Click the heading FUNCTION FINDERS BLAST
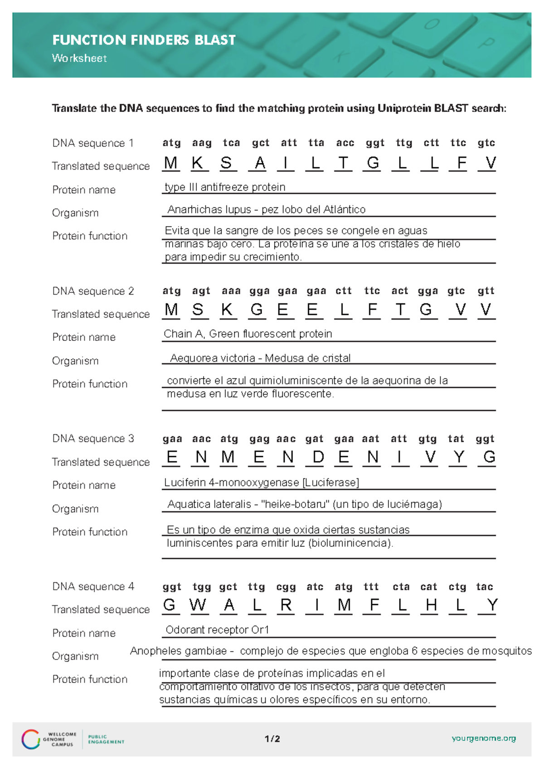144,40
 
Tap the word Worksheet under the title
79,58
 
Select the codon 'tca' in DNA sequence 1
231,143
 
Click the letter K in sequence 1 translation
197,163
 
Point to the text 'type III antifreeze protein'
225,187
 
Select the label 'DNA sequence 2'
93,291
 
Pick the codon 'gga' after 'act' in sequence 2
427,291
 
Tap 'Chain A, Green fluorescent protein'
248,334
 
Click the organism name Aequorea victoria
212,358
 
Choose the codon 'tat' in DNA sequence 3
456,438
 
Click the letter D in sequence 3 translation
318,457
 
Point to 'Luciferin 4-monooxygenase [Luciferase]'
262,482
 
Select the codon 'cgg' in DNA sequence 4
286,587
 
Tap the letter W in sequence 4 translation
198,605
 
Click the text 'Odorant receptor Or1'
217,630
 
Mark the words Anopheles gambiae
178,651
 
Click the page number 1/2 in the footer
272,739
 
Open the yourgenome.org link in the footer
484,738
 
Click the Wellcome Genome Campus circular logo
31,739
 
